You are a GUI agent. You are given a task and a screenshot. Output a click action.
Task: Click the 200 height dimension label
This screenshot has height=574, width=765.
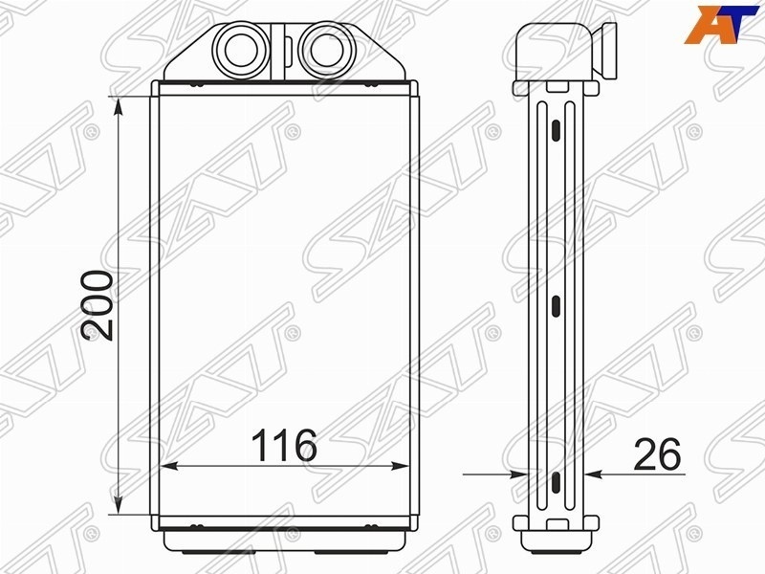pos(98,305)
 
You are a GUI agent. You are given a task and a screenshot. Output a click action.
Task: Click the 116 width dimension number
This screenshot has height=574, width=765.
pos(284,445)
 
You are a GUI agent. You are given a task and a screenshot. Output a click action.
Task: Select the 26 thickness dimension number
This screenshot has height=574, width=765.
pos(657,453)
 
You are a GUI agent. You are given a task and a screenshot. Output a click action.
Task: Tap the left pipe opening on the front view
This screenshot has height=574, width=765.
pos(241,51)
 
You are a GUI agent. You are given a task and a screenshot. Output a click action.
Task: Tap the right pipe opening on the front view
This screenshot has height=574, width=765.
pos(326,51)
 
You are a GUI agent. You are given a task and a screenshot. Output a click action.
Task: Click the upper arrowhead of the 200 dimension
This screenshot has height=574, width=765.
pos(118,106)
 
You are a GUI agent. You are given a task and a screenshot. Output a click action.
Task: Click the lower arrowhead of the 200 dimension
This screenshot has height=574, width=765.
pos(118,504)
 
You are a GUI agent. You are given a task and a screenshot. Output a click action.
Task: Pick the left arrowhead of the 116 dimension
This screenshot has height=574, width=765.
pos(170,467)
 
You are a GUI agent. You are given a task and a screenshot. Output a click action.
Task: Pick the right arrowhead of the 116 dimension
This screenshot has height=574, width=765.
pos(399,467)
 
